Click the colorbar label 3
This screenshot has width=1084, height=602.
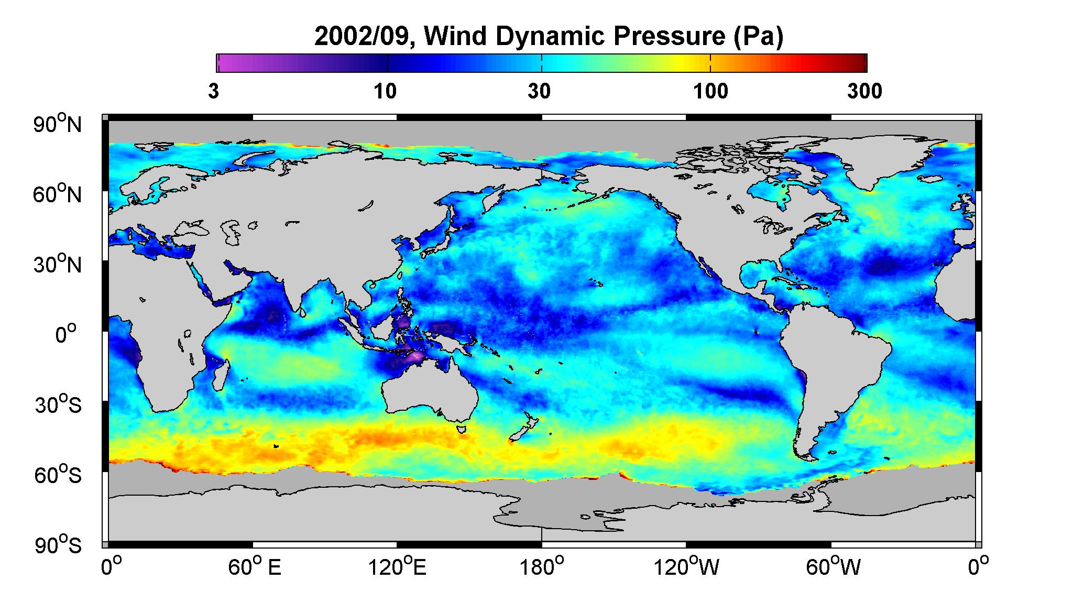(x=213, y=92)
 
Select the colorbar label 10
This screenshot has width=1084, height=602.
(x=385, y=92)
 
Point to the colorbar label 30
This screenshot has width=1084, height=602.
(x=539, y=92)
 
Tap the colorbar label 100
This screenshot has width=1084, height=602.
(x=711, y=92)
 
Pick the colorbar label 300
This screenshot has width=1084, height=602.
(x=864, y=92)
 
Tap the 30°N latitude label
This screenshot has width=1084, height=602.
(x=58, y=264)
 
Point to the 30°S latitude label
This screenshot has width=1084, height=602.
(x=58, y=405)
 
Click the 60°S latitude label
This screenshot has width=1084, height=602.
(x=58, y=475)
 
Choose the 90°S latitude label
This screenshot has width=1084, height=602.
(x=58, y=545)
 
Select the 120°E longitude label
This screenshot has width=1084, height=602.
(x=397, y=567)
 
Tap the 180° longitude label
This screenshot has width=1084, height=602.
(x=541, y=567)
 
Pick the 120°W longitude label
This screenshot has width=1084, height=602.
(x=686, y=567)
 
